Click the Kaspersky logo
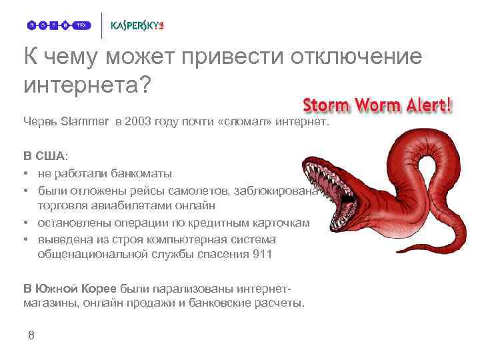point(137,25)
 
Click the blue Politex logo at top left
point(59,25)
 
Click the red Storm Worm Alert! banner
point(378,105)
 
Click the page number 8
point(31,335)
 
